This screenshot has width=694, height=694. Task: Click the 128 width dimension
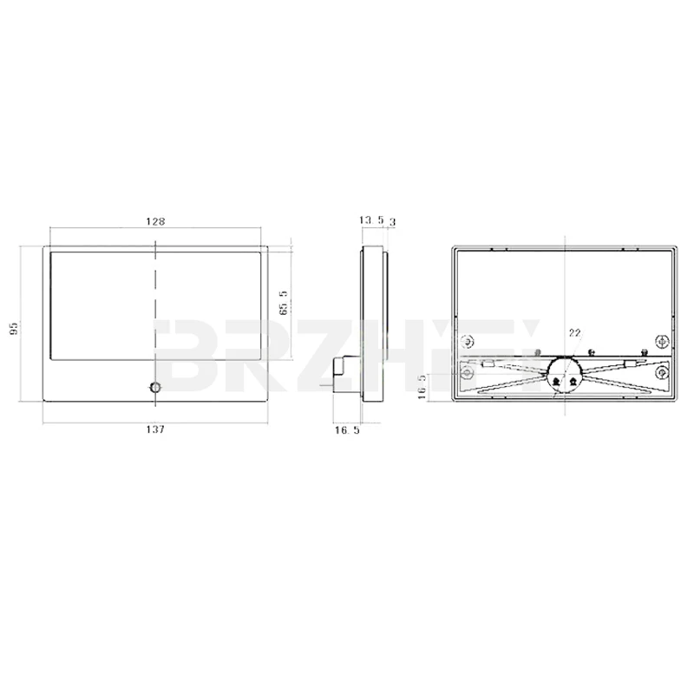[x=155, y=222]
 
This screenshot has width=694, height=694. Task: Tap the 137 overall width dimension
[x=155, y=429]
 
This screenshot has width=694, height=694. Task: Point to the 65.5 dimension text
[x=283, y=304]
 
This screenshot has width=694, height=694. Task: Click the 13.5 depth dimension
[x=370, y=222]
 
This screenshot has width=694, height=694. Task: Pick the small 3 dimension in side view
[x=393, y=222]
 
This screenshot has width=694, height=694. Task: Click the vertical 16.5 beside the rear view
[x=423, y=385]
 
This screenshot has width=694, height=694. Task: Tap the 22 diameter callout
[x=574, y=332]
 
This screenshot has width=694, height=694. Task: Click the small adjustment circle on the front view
[x=156, y=387]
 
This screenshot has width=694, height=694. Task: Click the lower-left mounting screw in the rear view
[x=468, y=374]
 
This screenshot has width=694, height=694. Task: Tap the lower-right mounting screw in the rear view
[x=662, y=374]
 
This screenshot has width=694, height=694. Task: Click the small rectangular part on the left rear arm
[x=490, y=365]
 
